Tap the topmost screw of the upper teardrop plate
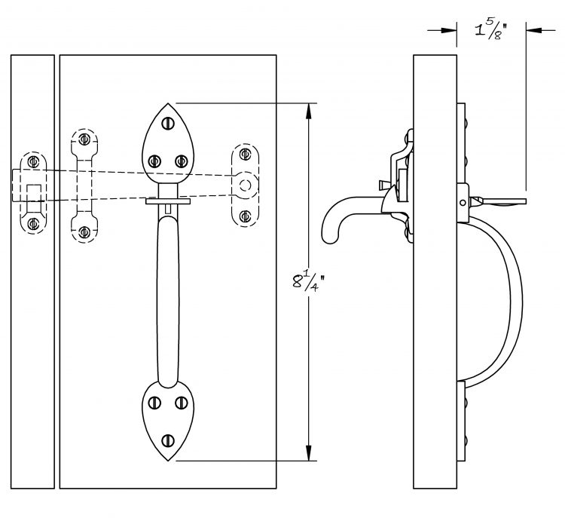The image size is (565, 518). coord(168,124)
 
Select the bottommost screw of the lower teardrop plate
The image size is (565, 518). coord(168,440)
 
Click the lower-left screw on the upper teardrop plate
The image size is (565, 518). coord(154,161)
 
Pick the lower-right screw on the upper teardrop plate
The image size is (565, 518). coord(182,161)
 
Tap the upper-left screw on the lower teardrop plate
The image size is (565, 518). coord(155,403)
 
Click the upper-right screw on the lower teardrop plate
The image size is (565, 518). coord(182,403)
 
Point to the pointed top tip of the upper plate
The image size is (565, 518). coord(168,103)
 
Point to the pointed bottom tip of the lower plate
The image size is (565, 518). coord(168,460)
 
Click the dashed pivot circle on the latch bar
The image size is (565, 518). coord(246,185)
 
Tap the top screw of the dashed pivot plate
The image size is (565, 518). coord(245,154)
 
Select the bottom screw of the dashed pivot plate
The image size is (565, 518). coord(245,216)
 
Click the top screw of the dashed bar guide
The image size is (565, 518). coord(84,139)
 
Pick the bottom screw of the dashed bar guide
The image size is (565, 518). coord(84,232)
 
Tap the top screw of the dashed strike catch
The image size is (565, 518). coord(33,161)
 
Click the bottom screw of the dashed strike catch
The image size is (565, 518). coord(33,224)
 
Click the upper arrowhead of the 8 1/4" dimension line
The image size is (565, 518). coord(308,111)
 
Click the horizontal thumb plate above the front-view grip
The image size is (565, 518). coord(168,201)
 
